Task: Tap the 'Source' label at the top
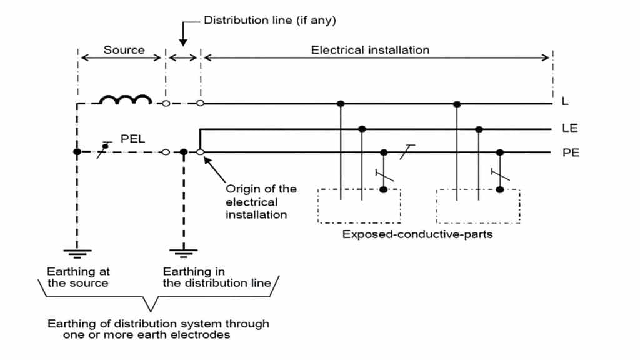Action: (x=124, y=50)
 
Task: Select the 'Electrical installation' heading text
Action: (x=370, y=50)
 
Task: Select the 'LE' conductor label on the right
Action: (x=569, y=129)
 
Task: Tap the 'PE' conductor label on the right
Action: (x=570, y=152)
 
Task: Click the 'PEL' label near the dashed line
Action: (x=132, y=139)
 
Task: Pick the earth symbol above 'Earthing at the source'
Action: (x=76, y=253)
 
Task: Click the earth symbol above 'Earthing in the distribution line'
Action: (x=183, y=253)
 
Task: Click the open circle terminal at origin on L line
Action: (x=200, y=103)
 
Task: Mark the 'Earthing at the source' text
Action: (x=77, y=277)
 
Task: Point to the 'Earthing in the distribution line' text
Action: (x=217, y=277)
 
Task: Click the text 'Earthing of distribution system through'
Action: (x=159, y=324)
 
